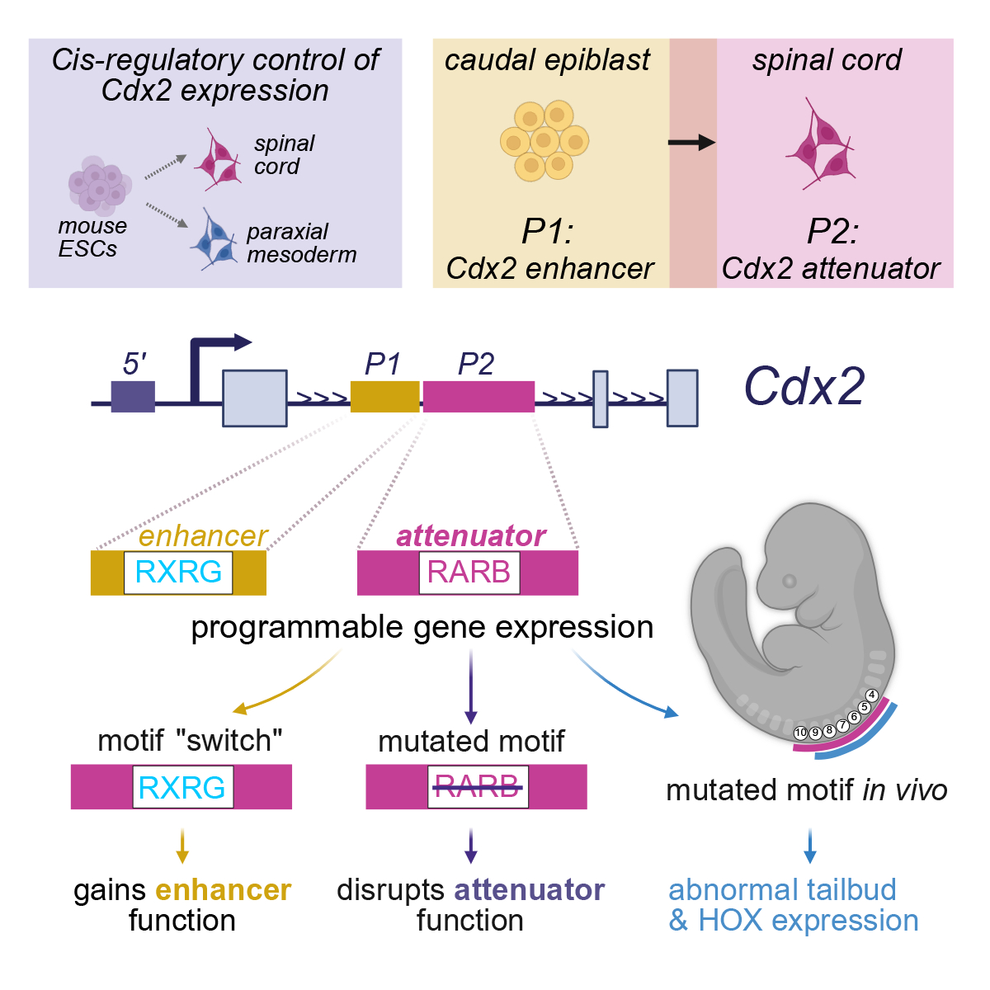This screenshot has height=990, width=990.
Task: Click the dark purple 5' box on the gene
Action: tap(133, 396)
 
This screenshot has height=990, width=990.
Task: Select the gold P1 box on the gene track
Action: tap(384, 396)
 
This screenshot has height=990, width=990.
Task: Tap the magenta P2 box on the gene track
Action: tap(478, 396)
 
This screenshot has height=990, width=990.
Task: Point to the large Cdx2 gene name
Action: tap(804, 386)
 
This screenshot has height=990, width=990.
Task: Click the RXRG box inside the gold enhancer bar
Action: tap(178, 573)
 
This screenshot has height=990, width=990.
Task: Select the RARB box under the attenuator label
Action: tap(469, 573)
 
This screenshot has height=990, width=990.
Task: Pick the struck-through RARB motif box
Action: tap(477, 786)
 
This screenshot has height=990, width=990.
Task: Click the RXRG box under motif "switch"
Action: tap(182, 787)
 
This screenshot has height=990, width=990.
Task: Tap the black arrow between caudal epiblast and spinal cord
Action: tap(691, 143)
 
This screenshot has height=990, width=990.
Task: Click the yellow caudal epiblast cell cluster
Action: tap(544, 141)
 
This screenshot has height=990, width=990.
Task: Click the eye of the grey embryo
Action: tap(790, 582)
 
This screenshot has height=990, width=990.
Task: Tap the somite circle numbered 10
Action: tap(800, 733)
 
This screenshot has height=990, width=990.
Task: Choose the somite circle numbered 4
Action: tap(871, 695)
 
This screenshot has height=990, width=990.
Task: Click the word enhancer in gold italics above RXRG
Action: tap(203, 536)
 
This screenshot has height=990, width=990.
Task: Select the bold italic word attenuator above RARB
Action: tap(471, 536)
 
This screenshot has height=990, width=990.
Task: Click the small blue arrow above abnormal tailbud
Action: tap(810, 846)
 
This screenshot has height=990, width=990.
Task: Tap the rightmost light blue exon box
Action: tap(682, 398)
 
